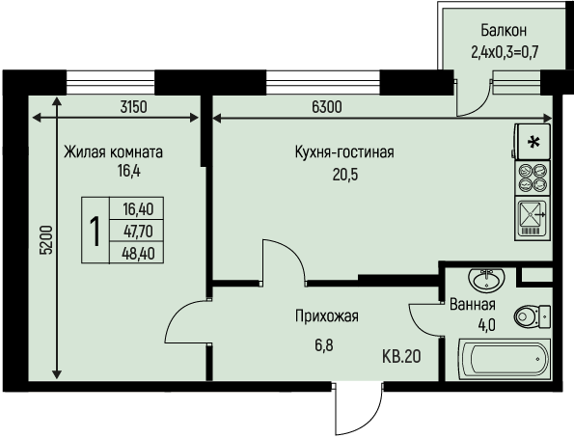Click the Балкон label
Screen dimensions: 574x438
point(504,31)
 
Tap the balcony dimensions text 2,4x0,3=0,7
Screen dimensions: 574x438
point(505,53)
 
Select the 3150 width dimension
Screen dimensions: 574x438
point(134,107)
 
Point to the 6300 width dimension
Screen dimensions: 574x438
point(327,107)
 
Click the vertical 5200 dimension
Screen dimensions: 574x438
point(47,240)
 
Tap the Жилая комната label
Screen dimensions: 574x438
point(113,152)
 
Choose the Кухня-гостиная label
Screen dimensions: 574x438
point(344,152)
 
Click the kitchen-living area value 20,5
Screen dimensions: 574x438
point(345,175)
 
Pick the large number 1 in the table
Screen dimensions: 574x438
point(96,232)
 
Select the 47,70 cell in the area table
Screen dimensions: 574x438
point(138,232)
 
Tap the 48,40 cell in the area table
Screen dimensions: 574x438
point(138,253)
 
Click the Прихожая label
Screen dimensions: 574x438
point(327,316)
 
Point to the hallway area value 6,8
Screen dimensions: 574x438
point(324,345)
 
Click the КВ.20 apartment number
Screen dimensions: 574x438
point(401,356)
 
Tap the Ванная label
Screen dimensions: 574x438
point(473,304)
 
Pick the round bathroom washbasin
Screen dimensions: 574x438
point(486,280)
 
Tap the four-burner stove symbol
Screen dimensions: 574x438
point(533,178)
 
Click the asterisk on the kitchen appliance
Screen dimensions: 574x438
point(534,143)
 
